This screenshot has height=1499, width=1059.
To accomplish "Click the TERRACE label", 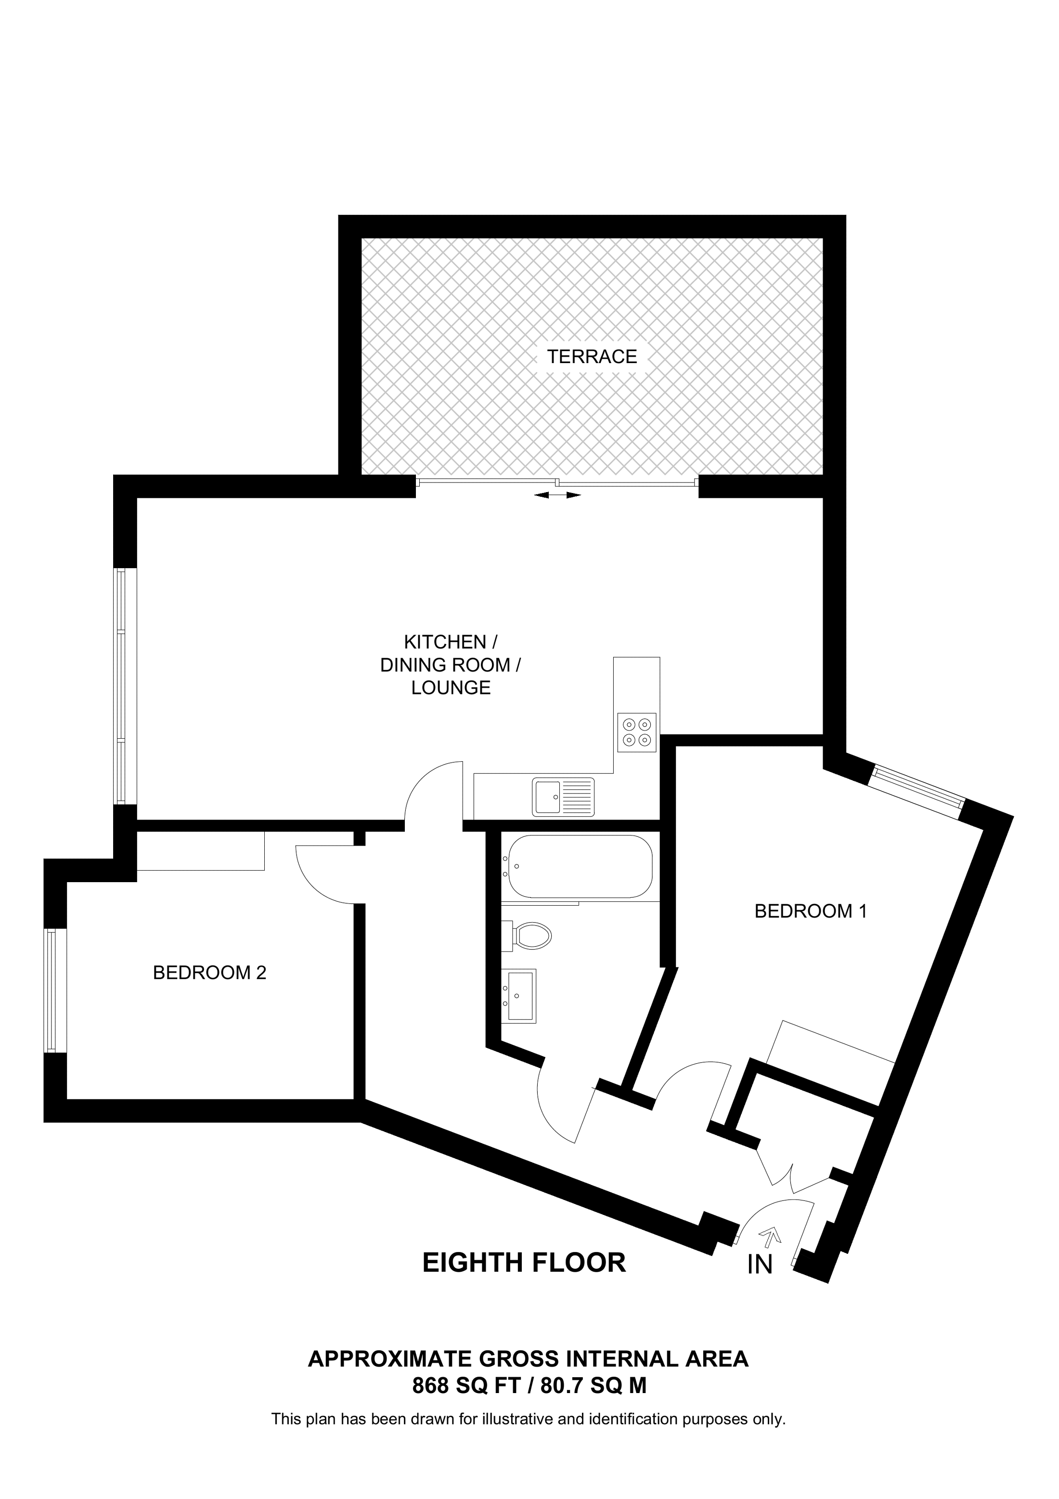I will [x=592, y=356].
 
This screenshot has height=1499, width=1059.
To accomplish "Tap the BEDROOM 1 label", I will [x=811, y=911].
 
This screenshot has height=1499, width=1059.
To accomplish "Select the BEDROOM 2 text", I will [x=209, y=973].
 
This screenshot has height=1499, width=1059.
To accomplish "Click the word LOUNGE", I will [x=451, y=688].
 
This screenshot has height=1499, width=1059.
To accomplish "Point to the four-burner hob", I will [x=636, y=732].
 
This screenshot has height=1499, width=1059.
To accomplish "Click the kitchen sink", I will [x=562, y=796].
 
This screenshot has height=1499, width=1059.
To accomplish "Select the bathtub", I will [x=580, y=866].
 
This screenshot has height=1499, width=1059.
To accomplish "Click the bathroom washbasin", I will [x=519, y=996].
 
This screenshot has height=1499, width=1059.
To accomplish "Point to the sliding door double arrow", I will [x=557, y=495].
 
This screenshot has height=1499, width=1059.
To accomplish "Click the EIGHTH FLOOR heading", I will [x=524, y=1263].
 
